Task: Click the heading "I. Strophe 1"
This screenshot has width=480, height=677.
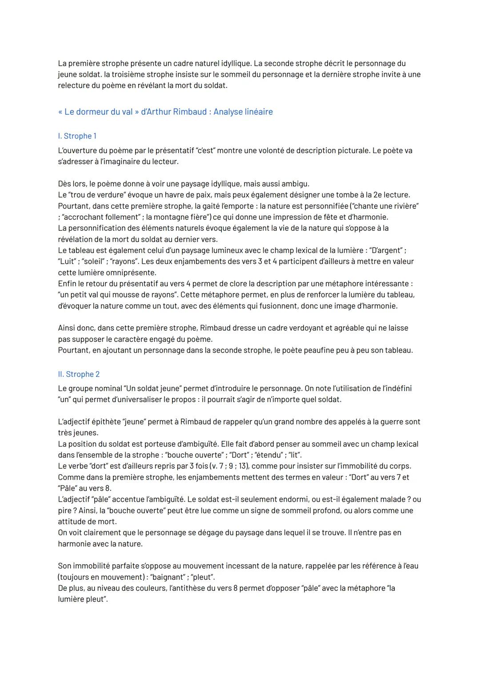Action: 77,136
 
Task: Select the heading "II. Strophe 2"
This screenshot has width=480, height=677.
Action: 79,374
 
